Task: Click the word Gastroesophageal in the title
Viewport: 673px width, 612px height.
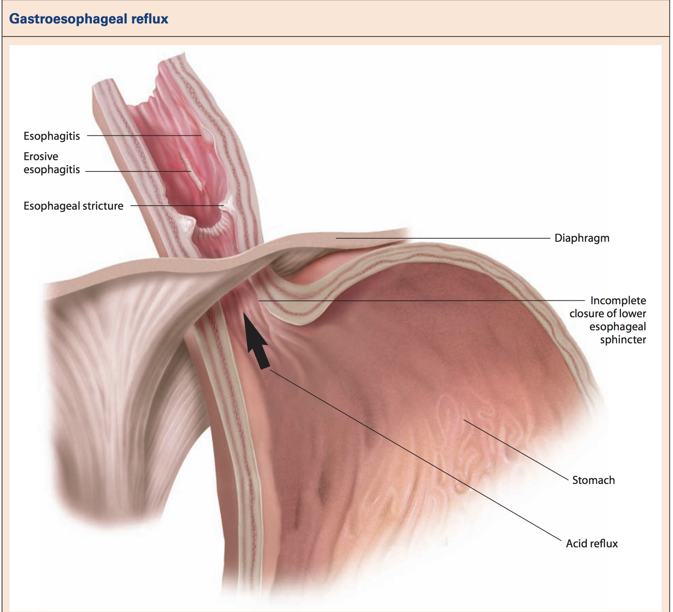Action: (x=68, y=19)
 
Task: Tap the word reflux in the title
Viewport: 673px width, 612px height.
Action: (x=150, y=19)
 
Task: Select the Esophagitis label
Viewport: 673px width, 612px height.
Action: (x=52, y=136)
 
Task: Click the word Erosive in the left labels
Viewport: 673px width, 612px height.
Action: (x=41, y=156)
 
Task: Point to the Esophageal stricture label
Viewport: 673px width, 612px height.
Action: (x=73, y=206)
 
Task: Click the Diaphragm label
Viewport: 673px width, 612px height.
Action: (x=582, y=238)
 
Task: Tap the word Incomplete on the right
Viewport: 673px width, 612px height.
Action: (x=618, y=300)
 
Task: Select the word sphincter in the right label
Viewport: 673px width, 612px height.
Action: (x=623, y=340)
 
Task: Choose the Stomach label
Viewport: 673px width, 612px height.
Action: (x=593, y=480)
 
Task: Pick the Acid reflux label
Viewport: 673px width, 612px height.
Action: (x=591, y=543)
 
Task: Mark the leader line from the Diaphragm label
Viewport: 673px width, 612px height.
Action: (x=443, y=238)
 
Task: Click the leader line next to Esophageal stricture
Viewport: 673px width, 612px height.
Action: (x=177, y=206)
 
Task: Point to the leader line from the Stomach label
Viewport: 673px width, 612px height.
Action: (x=516, y=450)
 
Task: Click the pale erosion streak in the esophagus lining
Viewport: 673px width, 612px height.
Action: (x=192, y=171)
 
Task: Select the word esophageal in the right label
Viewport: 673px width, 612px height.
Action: (x=617, y=327)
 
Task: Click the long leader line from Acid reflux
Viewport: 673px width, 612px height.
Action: (x=415, y=455)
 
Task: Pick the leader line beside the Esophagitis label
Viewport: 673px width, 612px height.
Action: (x=144, y=135)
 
